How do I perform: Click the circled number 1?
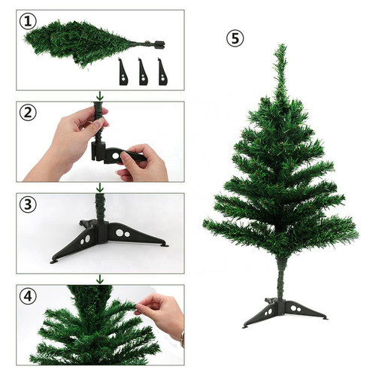(x=28, y=22)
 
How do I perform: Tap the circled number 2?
(x=28, y=113)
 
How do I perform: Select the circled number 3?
(x=28, y=205)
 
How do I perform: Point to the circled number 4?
(x=28, y=296)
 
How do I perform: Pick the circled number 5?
(x=235, y=38)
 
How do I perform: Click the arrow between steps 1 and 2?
(x=100, y=96)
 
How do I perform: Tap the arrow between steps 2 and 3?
(x=100, y=187)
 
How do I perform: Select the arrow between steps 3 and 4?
(x=100, y=279)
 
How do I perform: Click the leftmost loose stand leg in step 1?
(x=123, y=73)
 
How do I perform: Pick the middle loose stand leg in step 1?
(x=143, y=73)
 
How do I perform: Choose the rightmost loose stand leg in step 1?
(x=163, y=73)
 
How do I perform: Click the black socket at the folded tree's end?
(x=159, y=44)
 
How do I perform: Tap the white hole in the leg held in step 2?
(x=116, y=156)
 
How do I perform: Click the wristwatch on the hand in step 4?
(x=182, y=338)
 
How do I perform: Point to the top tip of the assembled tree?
(x=283, y=44)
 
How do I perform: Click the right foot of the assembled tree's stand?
(x=325, y=318)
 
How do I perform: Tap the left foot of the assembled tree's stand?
(x=245, y=326)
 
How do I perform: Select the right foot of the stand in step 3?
(x=165, y=246)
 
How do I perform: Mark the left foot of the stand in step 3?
(x=54, y=262)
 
